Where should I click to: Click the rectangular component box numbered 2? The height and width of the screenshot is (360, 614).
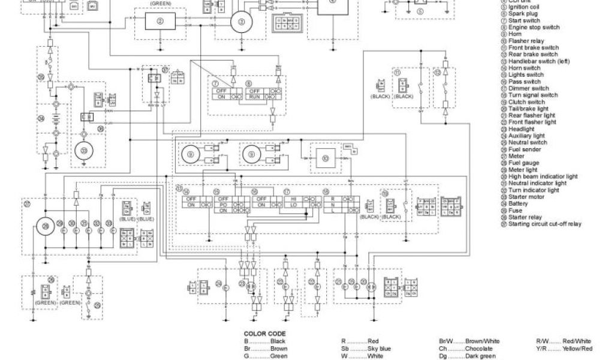click(x=159, y=22)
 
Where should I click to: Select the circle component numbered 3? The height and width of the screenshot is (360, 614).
click(x=242, y=22)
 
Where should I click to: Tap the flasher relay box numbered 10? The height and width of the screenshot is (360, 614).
click(x=326, y=158)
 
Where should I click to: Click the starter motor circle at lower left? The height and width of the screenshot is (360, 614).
click(x=83, y=151)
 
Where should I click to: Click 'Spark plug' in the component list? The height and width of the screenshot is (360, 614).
click(x=525, y=14)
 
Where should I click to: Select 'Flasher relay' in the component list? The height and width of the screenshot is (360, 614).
click(x=526, y=41)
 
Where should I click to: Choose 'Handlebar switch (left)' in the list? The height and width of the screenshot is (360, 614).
click(x=538, y=61)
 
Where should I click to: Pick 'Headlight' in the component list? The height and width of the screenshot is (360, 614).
click(x=521, y=129)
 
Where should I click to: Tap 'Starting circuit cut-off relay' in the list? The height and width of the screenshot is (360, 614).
click(x=544, y=224)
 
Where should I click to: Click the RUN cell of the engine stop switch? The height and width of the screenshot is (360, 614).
click(x=254, y=96)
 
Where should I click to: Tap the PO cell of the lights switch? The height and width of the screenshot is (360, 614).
click(x=224, y=204)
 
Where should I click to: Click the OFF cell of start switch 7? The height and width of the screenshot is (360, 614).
click(x=221, y=90)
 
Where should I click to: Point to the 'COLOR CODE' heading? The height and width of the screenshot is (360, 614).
click(x=264, y=334)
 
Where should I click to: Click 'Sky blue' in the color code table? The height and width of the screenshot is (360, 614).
click(x=379, y=349)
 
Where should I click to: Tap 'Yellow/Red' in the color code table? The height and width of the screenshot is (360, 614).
click(x=577, y=349)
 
